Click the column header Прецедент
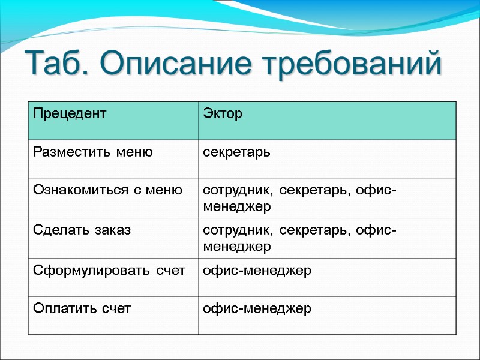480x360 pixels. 69,113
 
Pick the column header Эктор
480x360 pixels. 223,113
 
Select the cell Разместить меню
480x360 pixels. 93,152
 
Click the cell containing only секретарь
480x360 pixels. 236,152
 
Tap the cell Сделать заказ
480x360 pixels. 82,230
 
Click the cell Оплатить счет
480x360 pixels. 82,309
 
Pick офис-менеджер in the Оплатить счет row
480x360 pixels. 257,309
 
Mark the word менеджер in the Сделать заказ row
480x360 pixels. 237,246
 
